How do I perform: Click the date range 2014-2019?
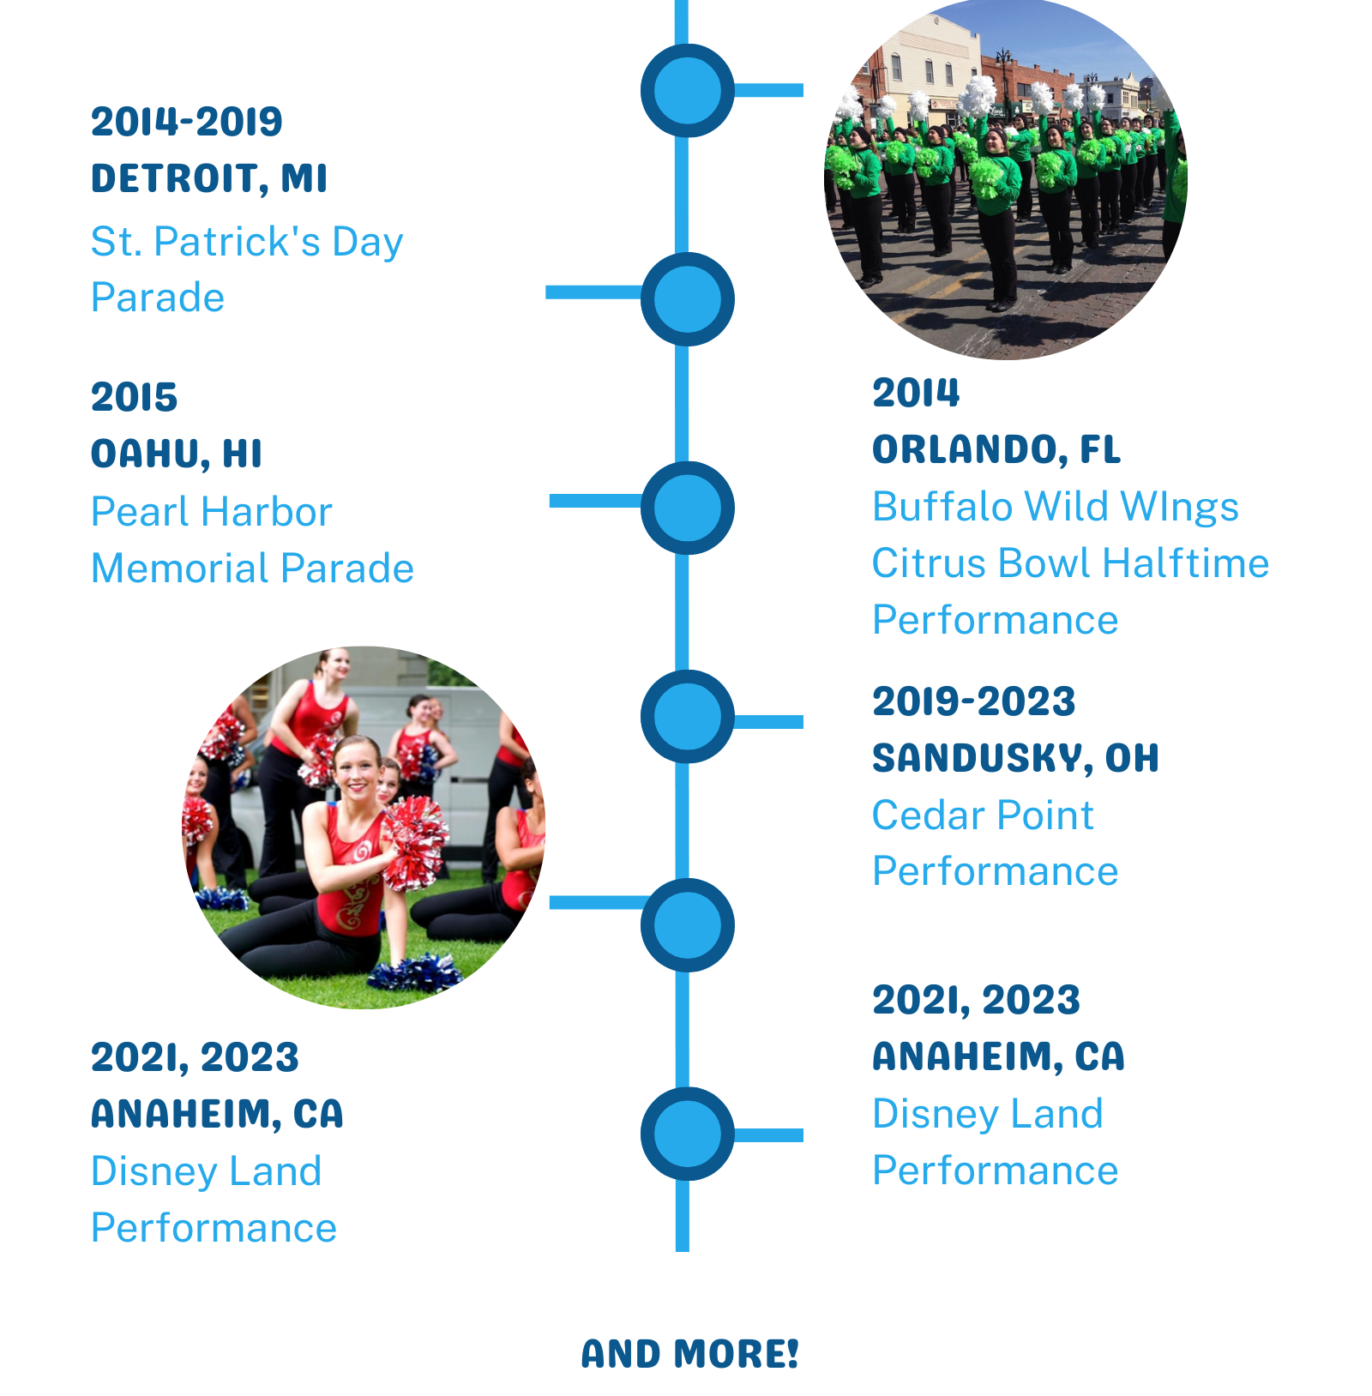pos(186,122)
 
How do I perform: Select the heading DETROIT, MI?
pos(209,178)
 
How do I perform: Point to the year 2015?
pos(134,397)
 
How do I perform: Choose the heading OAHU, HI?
pos(176,454)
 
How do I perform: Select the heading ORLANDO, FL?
pos(996,449)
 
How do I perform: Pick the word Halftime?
pos(1186,563)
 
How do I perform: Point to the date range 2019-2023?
pos(973,701)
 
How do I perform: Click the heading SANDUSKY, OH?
pos(1015,758)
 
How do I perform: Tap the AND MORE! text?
pos(689,1354)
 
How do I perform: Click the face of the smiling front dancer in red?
pos(357,770)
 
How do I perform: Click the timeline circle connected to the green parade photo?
pos(688,90)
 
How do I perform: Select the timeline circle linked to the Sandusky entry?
pos(688,716)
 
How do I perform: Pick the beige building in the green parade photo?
pos(935,60)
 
